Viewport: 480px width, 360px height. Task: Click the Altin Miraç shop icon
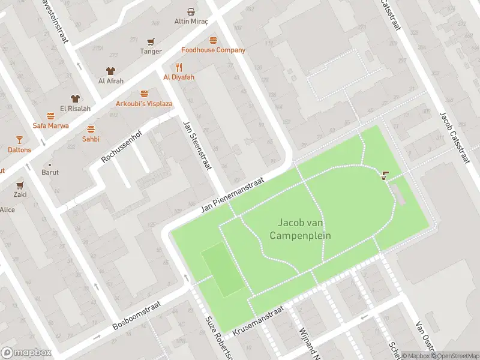pos(191,11)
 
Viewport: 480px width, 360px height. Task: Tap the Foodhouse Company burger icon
pos(213,40)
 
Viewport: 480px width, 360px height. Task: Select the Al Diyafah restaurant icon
pos(179,67)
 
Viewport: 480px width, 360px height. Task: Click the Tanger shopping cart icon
pos(151,41)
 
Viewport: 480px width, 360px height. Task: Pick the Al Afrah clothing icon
pos(110,71)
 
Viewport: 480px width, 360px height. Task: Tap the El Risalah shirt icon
pos(74,98)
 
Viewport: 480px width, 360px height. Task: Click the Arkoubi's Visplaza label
pos(144,104)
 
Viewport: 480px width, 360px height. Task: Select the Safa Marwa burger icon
pos(51,116)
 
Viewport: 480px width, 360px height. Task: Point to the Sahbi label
pos(91,139)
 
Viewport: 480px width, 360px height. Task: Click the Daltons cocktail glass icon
pos(19,140)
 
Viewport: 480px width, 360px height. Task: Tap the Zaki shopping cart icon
pos(20,185)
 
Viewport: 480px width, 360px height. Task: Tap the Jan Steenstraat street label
pos(198,145)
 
